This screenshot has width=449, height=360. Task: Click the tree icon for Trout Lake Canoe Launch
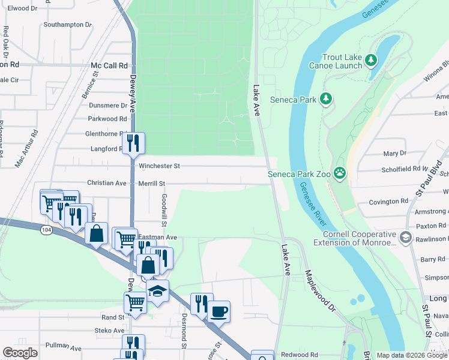click(372, 60)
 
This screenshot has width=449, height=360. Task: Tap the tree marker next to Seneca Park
click(326, 98)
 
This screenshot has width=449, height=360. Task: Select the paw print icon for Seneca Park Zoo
click(340, 173)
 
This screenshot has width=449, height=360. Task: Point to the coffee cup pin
click(219, 311)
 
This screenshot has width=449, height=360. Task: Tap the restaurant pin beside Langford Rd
click(133, 143)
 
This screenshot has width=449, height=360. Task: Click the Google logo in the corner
click(20, 353)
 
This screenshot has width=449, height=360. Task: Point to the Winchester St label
click(159, 166)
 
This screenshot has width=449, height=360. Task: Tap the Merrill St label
click(152, 184)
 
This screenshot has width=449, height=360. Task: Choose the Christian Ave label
click(107, 183)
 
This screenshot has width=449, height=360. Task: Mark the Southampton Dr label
click(67, 25)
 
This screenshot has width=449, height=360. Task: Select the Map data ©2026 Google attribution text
click(412, 355)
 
